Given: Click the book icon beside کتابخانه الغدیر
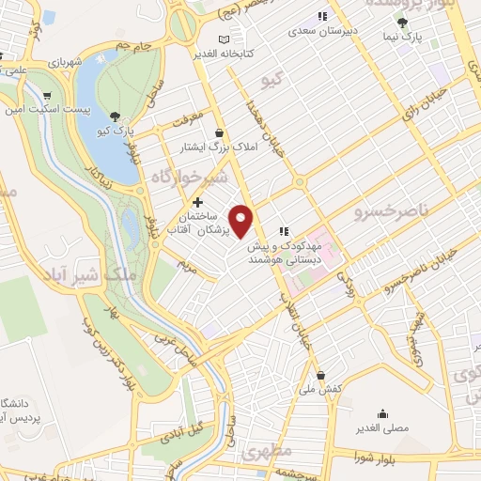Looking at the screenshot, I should click(x=223, y=39).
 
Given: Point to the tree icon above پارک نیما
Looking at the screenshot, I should click(x=404, y=23).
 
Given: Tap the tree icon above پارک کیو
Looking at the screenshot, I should click(x=115, y=116).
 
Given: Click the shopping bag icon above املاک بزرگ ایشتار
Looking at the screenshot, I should click(x=219, y=132).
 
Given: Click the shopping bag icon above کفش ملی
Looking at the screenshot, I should click(x=320, y=373).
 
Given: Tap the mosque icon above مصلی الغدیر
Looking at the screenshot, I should click(x=382, y=412).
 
